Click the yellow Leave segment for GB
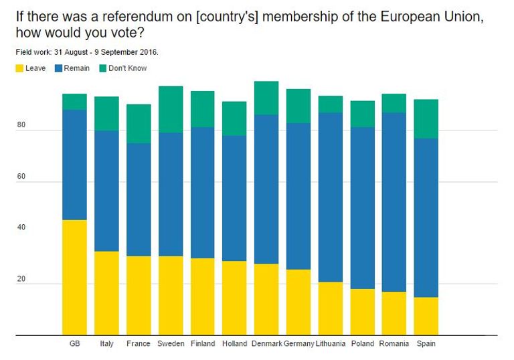(74, 277)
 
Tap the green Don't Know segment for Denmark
(266, 98)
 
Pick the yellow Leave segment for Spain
(426, 316)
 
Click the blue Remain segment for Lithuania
(330, 197)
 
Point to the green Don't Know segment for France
(139, 124)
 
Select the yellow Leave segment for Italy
(106, 293)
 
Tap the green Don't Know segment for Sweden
(171, 109)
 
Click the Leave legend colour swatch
(19, 68)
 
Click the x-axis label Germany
(299, 344)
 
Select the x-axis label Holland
(234, 344)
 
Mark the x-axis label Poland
(362, 344)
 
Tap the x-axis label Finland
(203, 344)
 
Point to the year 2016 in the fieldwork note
(149, 52)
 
